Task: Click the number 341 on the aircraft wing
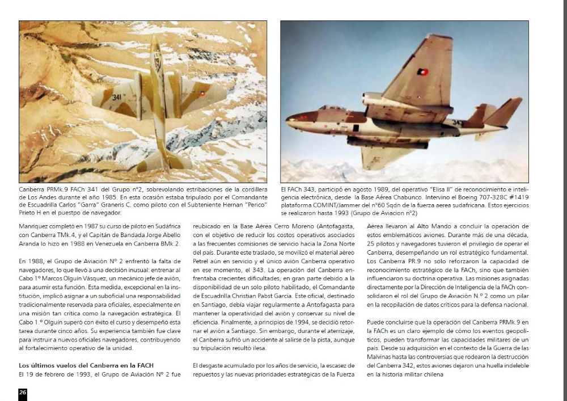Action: pyautogui.click(x=116, y=97)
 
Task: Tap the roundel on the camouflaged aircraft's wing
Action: pyautogui.click(x=201, y=95)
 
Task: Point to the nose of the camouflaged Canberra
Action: pyautogui.click(x=155, y=41)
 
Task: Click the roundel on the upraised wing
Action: pyautogui.click(x=422, y=72)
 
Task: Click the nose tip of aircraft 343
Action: pyautogui.click(x=287, y=119)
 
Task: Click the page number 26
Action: pyautogui.click(x=23, y=392)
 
